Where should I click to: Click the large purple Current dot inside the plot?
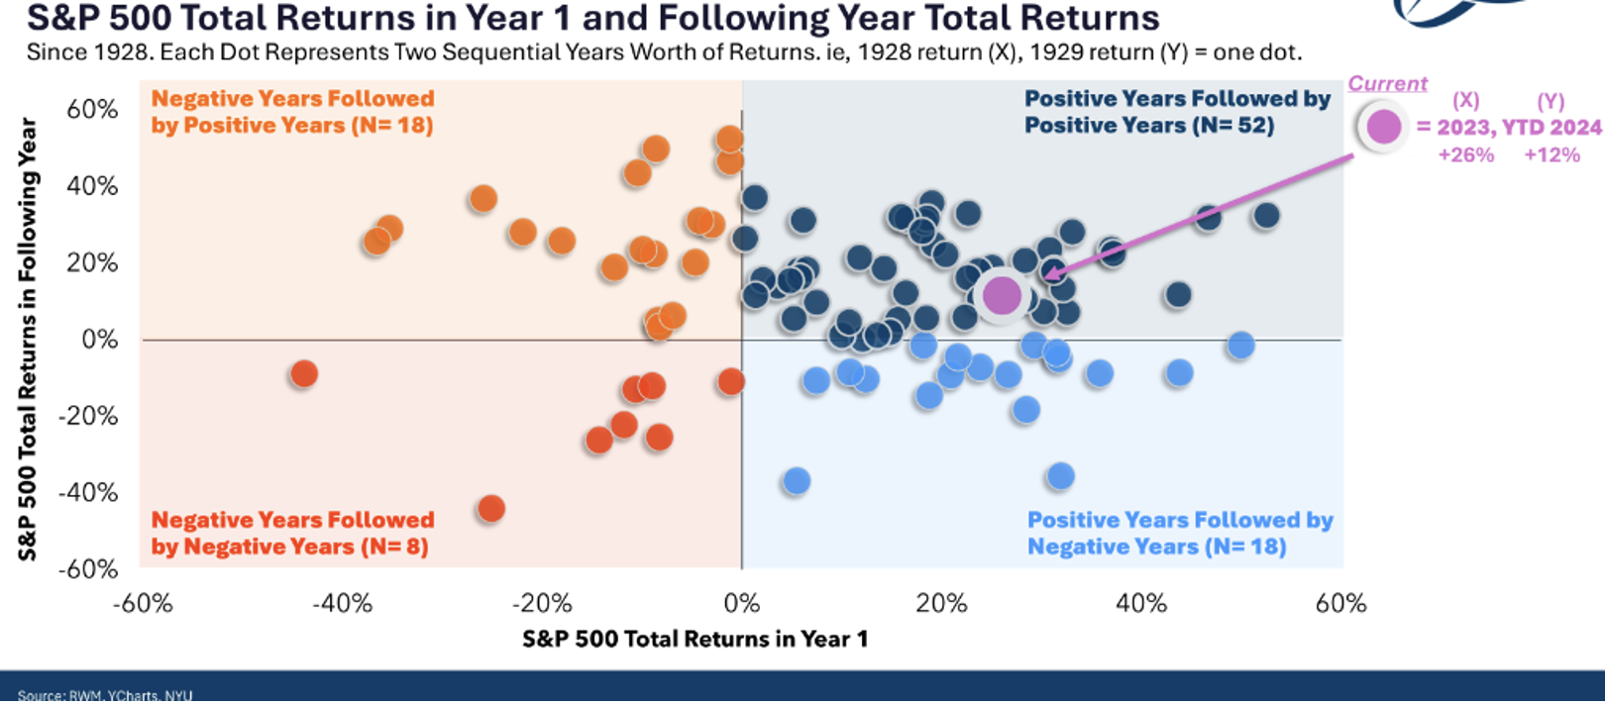[x=1001, y=294]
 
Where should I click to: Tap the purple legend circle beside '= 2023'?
[x=1383, y=127]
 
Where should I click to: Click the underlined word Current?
[x=1387, y=84]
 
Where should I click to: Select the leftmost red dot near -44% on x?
[x=304, y=374]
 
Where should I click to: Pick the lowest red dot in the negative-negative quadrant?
[x=490, y=509]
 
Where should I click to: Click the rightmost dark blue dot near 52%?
[x=1265, y=215]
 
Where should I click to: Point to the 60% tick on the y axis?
[x=92, y=109]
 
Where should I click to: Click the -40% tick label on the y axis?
[x=88, y=492]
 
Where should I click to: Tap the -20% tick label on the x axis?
[x=542, y=603]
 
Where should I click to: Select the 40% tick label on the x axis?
[x=1141, y=603]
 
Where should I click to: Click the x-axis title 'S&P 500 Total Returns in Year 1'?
[x=695, y=639]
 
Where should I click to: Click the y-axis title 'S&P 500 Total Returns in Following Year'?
[x=28, y=339]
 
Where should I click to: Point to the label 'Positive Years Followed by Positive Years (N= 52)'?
[x=1177, y=112]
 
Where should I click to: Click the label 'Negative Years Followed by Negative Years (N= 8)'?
[x=292, y=534]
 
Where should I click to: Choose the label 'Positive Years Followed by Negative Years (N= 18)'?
[x=1179, y=534]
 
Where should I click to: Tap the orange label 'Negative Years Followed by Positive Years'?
[x=292, y=112]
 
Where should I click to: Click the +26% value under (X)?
[x=1465, y=154]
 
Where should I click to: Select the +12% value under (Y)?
[x=1551, y=154]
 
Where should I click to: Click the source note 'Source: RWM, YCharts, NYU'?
[x=105, y=695]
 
